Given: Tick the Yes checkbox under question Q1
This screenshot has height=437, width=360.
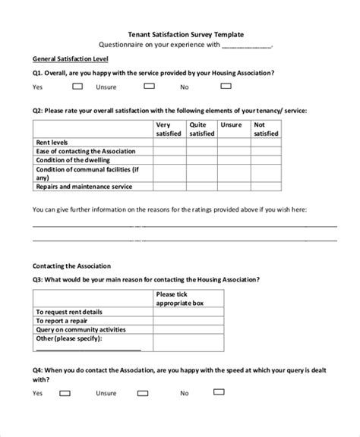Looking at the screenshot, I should coord(65,86).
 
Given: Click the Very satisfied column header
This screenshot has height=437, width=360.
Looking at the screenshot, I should coord(169,129).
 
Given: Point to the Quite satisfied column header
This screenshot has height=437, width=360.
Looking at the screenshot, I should coord(201,129).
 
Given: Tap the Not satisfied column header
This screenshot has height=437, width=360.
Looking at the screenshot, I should coord(265,129).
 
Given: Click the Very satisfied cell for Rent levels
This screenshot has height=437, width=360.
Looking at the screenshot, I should coord(169,142).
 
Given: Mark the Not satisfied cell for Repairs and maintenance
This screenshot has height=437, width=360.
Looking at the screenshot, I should coord(265,186).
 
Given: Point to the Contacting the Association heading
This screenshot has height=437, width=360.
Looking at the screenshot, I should coord(71,266).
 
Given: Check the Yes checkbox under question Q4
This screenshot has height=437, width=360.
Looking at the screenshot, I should coord(65,393).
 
